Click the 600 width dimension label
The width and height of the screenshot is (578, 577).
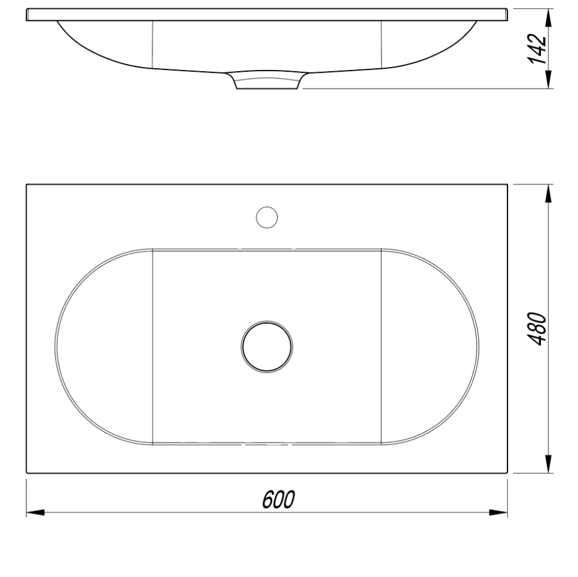[x=279, y=500]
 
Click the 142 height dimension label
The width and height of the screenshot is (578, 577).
[x=537, y=49]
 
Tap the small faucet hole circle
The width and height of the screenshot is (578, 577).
[x=266, y=217]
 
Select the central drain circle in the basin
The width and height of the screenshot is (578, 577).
[x=267, y=346]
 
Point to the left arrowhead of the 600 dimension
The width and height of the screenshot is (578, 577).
[x=35, y=512]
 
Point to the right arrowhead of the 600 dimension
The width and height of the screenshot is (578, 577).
[x=498, y=512]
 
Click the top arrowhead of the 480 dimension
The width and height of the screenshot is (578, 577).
[x=549, y=193]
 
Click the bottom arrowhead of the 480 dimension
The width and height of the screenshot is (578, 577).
[x=549, y=464]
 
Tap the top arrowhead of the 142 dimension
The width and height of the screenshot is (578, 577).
[x=549, y=18]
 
